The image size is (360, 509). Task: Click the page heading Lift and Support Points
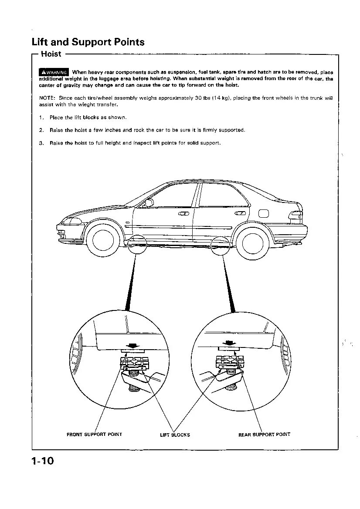(88, 42)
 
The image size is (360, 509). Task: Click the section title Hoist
(51, 54)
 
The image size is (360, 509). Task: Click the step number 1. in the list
(41, 118)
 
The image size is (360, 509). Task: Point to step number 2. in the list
(41, 130)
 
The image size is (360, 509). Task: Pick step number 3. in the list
(41, 143)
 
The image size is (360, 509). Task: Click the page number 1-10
(42, 461)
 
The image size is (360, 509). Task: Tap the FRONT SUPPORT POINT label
(94, 434)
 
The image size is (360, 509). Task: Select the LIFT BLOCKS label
(175, 435)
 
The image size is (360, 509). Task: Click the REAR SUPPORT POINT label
(264, 434)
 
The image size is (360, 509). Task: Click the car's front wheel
(103, 238)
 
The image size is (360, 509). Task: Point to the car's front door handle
(183, 213)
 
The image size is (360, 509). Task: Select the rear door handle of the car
(240, 213)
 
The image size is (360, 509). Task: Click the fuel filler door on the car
(264, 213)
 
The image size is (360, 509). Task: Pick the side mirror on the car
(149, 202)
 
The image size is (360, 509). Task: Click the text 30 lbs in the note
(203, 98)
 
